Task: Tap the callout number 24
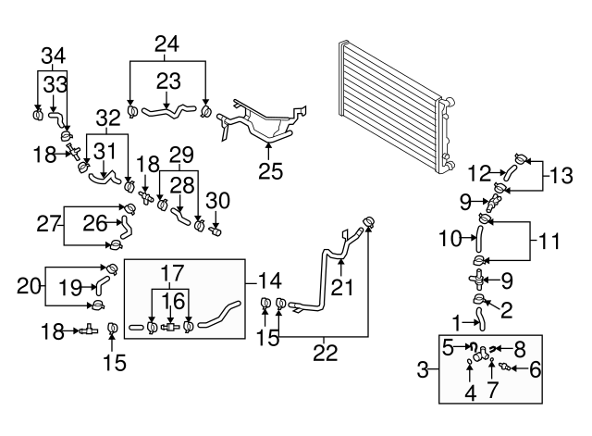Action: coord(166,43)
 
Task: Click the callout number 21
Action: coord(343,289)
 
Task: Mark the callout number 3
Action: coord(423,370)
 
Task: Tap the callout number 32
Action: coord(108,119)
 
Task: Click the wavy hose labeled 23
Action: coord(167,114)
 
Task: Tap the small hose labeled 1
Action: coord(481,320)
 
